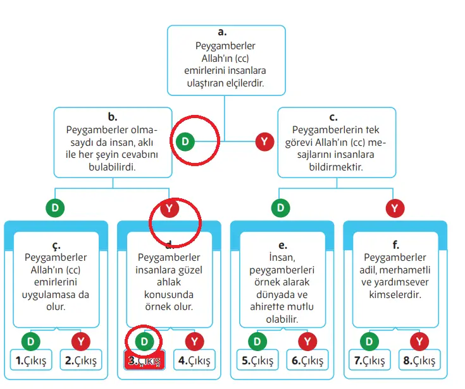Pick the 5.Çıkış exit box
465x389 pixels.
(257, 361)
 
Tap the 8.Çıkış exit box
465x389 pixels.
(419, 361)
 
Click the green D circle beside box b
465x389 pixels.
(185, 141)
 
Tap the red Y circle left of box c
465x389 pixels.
(264, 141)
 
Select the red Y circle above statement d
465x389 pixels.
(168, 208)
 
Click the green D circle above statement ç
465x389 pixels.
(56, 208)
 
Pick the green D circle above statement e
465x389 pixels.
(282, 208)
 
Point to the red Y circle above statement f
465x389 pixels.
(395, 208)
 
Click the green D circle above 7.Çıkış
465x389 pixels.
(369, 342)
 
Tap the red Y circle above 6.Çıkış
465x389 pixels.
(307, 342)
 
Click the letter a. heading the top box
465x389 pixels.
(222, 32)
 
